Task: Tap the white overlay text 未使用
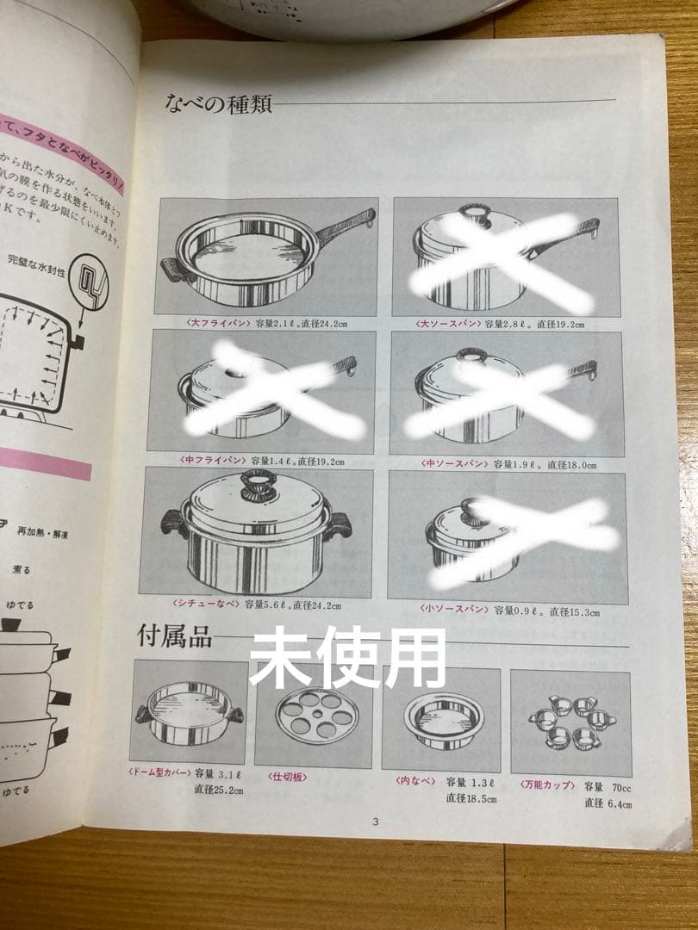347,657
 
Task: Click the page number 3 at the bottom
375,821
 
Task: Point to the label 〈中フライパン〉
198,462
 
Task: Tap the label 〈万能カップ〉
548,784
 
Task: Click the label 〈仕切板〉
288,777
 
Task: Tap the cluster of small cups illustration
571,724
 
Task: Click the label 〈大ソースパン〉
450,324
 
